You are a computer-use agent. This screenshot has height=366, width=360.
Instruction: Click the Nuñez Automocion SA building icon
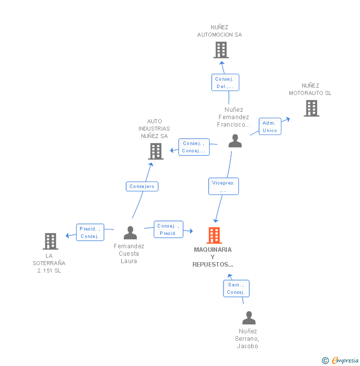[x=221, y=50]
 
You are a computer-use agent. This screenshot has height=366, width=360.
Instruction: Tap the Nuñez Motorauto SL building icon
[x=311, y=108]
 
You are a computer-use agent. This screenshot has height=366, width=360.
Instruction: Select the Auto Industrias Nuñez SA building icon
[x=156, y=151]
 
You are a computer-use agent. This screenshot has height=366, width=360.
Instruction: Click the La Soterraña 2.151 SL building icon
[x=50, y=241]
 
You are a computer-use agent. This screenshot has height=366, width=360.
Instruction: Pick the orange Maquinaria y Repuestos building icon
[x=214, y=235]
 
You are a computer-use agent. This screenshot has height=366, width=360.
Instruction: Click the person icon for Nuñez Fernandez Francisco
[x=235, y=141]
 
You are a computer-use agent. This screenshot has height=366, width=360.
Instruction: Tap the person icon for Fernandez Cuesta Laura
[x=130, y=232]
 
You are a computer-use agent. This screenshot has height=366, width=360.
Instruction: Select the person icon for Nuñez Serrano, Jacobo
[x=249, y=318]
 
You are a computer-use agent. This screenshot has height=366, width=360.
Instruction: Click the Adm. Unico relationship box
[x=270, y=127]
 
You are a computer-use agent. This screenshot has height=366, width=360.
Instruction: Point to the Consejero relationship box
[x=142, y=186]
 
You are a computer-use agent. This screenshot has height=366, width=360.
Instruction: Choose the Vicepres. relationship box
[x=224, y=186]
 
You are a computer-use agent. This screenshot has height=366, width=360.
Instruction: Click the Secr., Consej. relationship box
[x=236, y=288]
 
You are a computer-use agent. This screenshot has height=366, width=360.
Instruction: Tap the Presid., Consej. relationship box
[x=90, y=232]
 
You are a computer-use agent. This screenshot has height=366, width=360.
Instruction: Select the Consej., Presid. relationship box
[x=168, y=229]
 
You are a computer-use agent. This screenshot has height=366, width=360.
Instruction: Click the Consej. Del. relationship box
[x=225, y=83]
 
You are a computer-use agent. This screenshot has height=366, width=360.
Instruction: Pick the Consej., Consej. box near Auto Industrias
[x=193, y=147]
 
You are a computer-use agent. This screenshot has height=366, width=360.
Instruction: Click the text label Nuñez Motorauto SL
[x=310, y=90]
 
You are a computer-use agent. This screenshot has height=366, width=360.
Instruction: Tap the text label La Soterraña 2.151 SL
[x=49, y=263]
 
